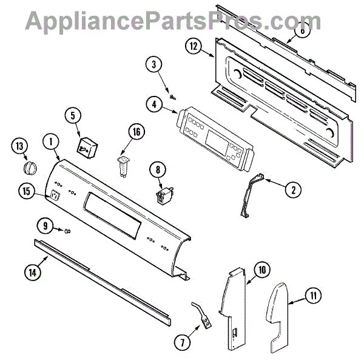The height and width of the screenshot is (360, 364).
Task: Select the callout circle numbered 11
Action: click(312, 297)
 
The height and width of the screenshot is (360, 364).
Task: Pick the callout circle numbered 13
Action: click(21, 146)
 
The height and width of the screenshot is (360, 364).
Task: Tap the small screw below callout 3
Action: click(174, 95)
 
